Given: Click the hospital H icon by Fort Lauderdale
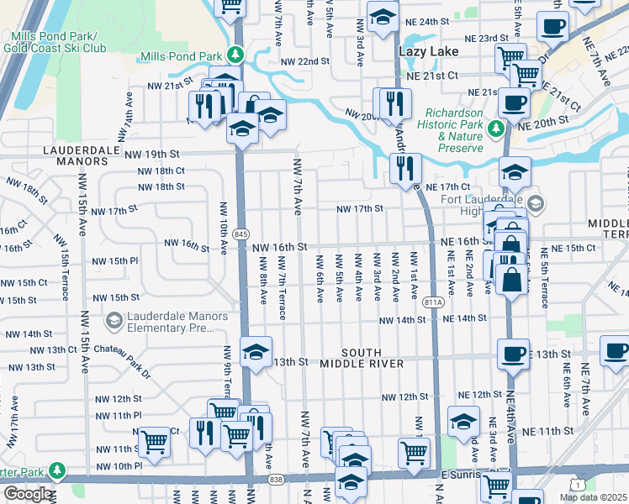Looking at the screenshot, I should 535,203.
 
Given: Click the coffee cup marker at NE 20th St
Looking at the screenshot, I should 514,103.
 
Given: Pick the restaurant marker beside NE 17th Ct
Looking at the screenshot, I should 405,167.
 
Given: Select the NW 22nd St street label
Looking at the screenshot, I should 304,62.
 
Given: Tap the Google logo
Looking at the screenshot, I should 29,494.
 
